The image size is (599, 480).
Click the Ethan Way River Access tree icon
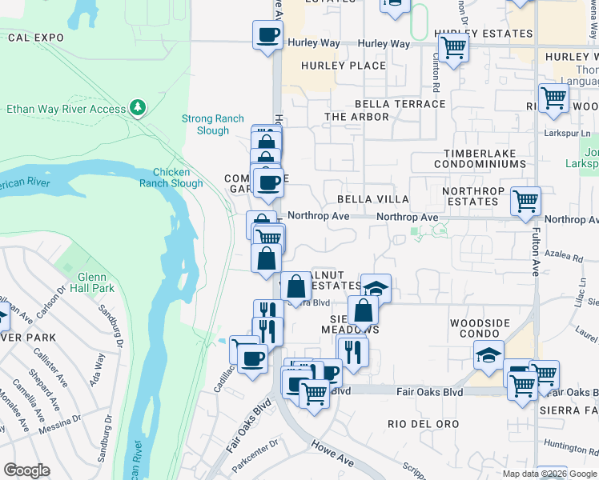tap(139, 107)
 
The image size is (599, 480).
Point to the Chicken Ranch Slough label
tap(171, 178)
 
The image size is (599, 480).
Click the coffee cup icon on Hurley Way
tap(267, 35)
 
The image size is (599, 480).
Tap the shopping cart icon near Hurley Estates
tap(453, 48)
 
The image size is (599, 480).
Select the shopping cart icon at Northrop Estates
tap(525, 202)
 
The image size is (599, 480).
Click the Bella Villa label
tap(373, 198)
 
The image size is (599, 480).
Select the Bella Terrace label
tap(400, 104)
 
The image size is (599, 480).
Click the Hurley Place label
tap(344, 66)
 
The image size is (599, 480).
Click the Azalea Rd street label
tap(566, 258)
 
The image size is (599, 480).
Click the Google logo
tap(26, 470)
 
